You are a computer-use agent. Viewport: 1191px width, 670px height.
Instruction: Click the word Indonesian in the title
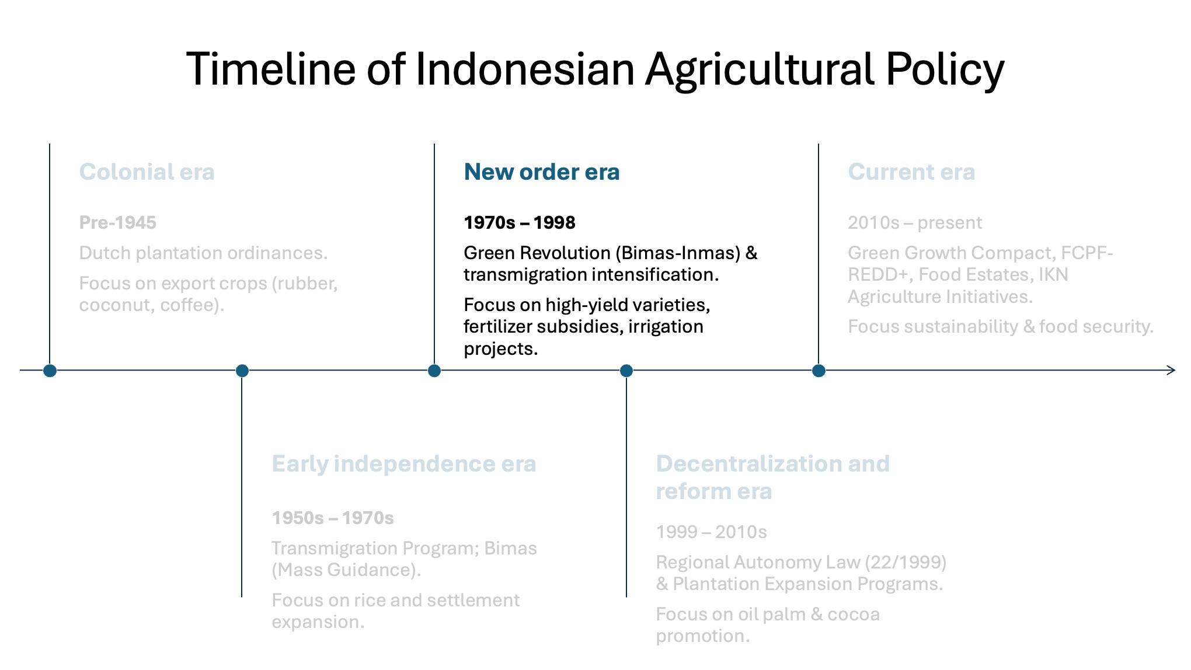[525, 69]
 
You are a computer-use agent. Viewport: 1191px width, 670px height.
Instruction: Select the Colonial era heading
[147, 172]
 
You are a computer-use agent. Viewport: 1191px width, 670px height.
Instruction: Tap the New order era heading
[542, 172]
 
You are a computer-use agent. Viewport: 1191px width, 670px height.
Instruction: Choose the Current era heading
[911, 172]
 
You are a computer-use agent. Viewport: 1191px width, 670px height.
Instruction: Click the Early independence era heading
[404, 463]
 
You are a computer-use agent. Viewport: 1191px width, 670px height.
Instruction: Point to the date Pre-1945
[118, 222]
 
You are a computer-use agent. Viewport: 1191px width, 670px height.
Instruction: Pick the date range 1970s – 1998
[520, 222]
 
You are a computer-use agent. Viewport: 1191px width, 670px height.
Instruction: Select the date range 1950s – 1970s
[333, 518]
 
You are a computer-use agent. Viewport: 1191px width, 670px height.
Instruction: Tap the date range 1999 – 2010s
[711, 532]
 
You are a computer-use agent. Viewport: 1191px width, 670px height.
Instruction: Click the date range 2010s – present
[915, 222]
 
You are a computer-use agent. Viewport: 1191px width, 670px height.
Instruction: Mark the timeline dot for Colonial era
[50, 371]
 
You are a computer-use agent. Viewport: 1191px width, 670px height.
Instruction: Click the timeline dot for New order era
[434, 371]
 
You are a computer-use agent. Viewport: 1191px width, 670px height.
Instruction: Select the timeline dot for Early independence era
[242, 371]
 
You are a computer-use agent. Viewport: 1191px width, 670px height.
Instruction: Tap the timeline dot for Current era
[819, 371]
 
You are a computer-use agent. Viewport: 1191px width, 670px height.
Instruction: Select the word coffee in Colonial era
[188, 305]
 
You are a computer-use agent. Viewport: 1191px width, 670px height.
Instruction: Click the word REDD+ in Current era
[877, 274]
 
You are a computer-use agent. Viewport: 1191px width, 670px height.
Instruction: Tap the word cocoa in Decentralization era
[853, 614]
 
